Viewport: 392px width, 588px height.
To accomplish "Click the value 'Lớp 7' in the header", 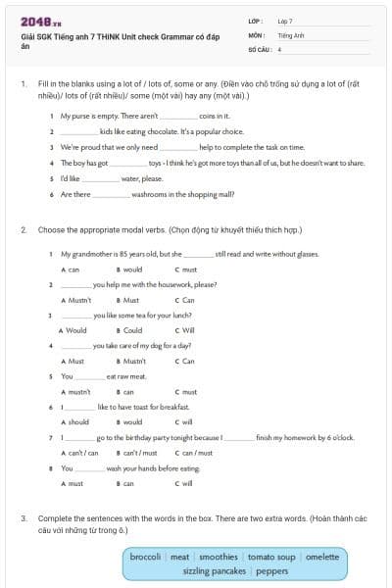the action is tap(285, 21).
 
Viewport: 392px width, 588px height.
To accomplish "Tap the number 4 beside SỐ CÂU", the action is tap(279, 48).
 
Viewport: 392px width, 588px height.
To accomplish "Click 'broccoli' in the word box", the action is tap(146, 557).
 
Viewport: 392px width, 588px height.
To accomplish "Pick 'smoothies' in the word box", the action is tap(218, 557).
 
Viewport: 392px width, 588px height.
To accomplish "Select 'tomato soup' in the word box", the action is tap(270, 557).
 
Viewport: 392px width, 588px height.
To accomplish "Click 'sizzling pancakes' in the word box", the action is tap(216, 570).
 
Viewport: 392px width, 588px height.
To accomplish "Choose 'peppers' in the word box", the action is tap(271, 570).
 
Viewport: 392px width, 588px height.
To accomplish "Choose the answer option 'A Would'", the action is tap(73, 330).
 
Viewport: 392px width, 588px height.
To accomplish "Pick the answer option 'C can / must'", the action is tap(194, 453).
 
